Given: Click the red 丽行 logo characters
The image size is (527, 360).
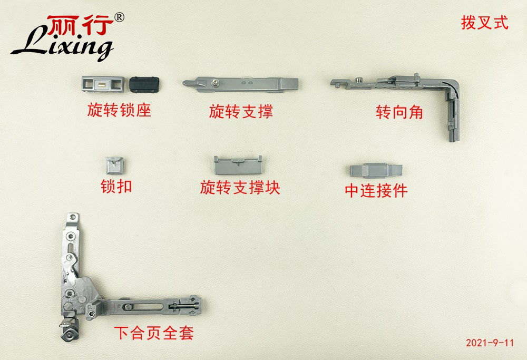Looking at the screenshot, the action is pos(80,25).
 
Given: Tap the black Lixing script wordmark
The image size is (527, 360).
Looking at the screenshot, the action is pos(62,45).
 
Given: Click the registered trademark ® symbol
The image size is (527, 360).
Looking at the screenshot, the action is pos(119,17).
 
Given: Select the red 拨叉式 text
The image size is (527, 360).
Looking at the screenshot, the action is pos(484,23).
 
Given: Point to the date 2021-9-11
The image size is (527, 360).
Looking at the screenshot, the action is pos(490,343).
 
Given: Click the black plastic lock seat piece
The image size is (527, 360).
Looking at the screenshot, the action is pos(144,84).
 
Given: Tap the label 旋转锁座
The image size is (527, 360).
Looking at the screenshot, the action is pos(119,110).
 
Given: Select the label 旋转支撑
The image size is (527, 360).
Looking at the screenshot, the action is pos(241,111).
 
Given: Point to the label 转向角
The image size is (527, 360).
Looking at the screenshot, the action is pos(399,112).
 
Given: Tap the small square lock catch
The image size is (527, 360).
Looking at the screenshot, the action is pos(114,165).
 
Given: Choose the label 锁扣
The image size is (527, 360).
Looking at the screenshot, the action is pos(116,186).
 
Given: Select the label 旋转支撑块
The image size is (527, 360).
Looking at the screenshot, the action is pos(240,187).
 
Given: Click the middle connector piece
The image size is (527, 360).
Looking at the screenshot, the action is pos(376,170).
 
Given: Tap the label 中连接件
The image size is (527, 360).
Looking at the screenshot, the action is pos(376,191).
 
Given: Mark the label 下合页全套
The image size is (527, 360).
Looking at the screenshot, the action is pos(153,333).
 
